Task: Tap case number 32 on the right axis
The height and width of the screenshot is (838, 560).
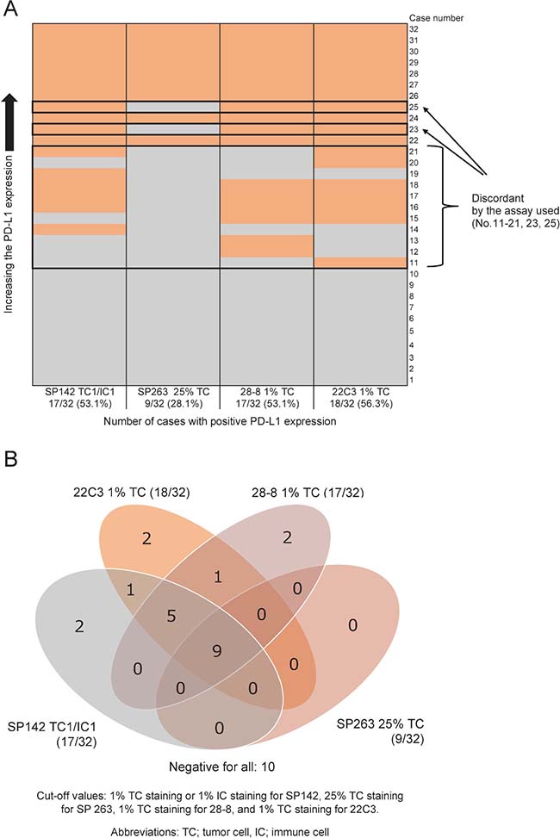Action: tap(414, 28)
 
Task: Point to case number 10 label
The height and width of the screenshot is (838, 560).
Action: tap(414, 274)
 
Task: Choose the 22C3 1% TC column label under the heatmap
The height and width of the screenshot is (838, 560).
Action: tap(360, 393)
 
